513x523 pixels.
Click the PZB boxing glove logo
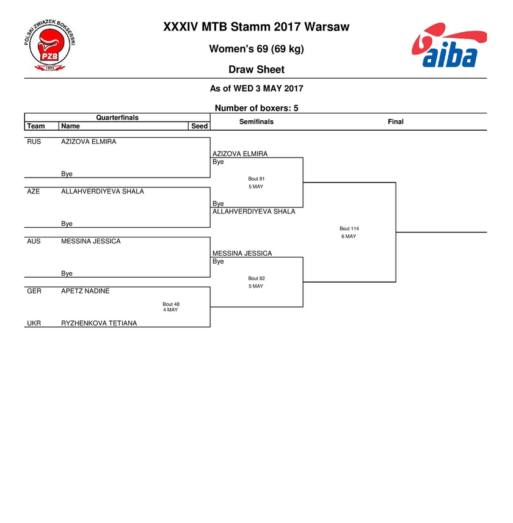pos(49,45)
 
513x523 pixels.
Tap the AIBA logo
pos(449,45)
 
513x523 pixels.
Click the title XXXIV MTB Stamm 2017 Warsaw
pos(256,27)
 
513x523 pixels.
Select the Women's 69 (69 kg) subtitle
pos(256,49)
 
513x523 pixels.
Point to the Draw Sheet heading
pos(256,70)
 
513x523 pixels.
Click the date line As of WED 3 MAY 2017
pos(256,88)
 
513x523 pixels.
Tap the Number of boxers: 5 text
pos(256,108)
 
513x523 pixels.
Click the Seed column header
pos(199,126)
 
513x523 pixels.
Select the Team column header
pos(35,126)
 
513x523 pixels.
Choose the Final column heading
pos(396,121)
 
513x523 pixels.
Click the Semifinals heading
pos(256,121)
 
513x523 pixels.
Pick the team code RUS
pos(34,142)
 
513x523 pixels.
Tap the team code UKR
pos(34,323)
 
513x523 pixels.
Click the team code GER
pos(34,291)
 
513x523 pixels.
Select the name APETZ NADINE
pos(85,291)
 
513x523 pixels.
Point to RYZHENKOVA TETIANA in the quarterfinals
pos(99,323)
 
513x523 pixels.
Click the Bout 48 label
pos(171,304)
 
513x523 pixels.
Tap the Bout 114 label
pos(349,228)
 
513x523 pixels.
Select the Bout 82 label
pos(256,278)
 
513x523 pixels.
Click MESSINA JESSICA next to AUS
pos(91,242)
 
